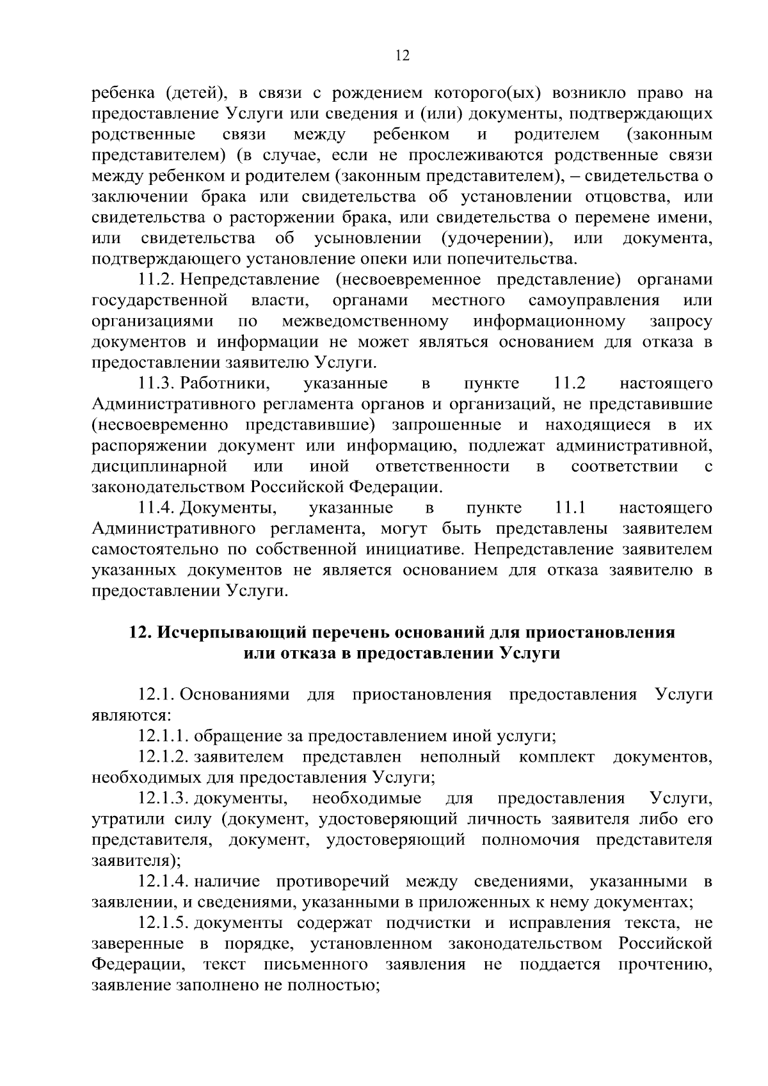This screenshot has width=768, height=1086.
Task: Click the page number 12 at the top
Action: [402, 56]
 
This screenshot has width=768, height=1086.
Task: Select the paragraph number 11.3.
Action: [157, 384]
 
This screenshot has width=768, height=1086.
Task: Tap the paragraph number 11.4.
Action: [157, 508]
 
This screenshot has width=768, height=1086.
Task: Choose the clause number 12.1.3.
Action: [163, 799]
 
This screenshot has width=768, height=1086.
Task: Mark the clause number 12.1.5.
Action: [163, 923]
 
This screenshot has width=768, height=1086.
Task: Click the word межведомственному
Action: [365, 321]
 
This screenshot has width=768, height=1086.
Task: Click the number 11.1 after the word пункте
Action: [571, 508]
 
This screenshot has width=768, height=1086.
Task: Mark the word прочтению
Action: [665, 964]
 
